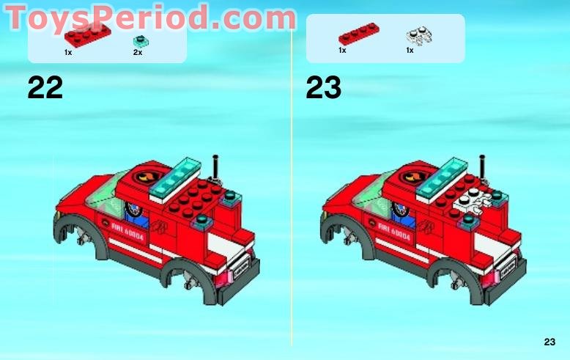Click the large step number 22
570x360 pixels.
(x=45, y=88)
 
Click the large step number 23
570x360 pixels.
(x=323, y=88)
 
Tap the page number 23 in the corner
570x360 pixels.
(x=549, y=342)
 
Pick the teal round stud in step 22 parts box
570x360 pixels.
(x=138, y=40)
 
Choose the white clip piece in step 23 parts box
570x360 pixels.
(x=415, y=35)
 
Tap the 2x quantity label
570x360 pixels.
(x=138, y=53)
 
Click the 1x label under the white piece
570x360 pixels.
(x=410, y=50)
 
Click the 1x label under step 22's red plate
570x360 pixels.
(x=68, y=53)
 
